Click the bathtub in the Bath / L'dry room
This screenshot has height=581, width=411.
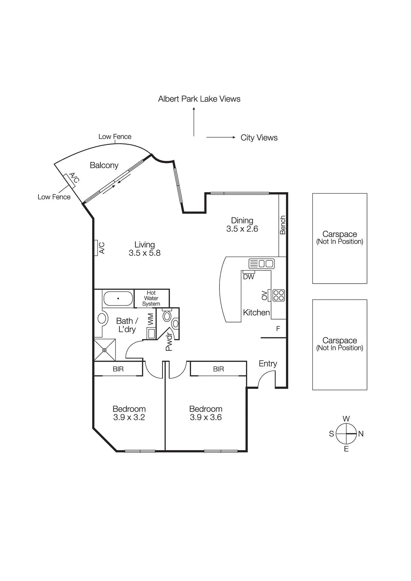118,298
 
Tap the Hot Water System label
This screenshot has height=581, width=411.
151,298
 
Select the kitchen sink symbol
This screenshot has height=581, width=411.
261,263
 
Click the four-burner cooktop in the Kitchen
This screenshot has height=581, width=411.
279,295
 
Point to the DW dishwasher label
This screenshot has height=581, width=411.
249,277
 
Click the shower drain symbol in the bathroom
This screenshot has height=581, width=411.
104,350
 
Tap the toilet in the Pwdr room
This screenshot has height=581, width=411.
167,316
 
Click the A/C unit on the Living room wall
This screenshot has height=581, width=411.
96,248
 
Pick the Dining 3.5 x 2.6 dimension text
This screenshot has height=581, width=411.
242,229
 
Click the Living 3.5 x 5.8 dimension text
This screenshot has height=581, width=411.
144,253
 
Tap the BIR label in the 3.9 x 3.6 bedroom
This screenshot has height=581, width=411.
218,369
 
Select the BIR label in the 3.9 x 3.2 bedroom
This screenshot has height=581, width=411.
118,369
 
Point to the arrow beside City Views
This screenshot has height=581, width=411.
221,137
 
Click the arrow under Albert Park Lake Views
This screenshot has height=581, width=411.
194,122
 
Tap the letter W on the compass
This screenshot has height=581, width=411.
346,419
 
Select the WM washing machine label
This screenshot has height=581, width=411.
150,319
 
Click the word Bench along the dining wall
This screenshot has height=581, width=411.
283,225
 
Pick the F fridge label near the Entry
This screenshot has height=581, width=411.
278,329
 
